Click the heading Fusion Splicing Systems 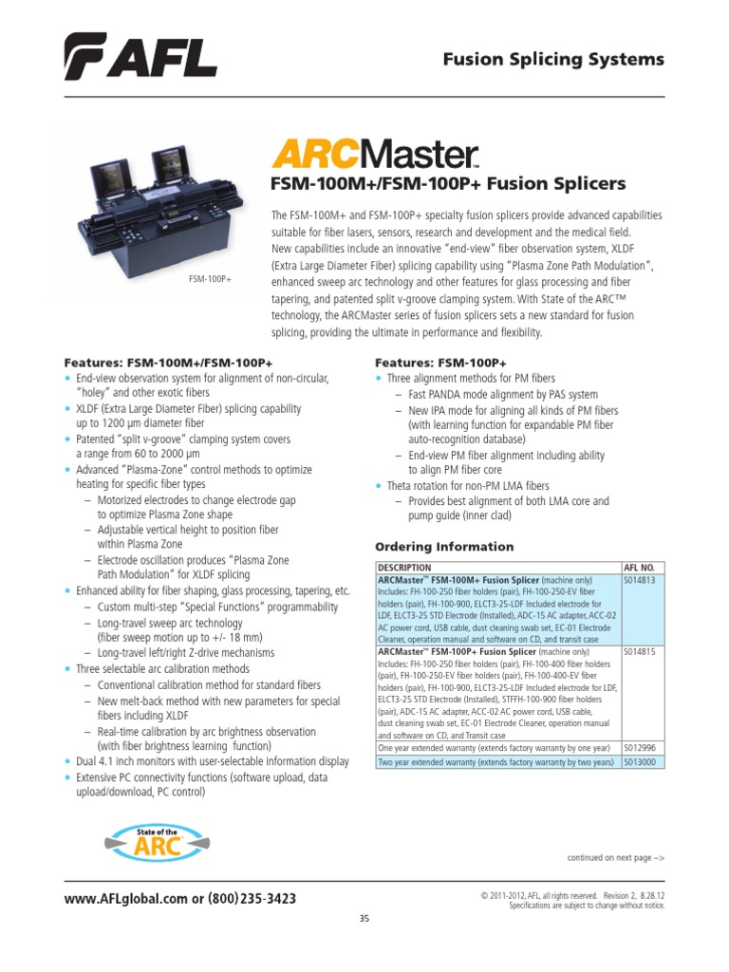554,60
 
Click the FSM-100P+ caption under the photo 210,279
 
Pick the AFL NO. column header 640,567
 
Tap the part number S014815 641,653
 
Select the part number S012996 641,747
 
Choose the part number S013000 641,761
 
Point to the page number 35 364,917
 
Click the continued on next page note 615,857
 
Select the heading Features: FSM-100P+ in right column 440,363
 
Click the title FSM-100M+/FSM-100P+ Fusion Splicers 449,182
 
